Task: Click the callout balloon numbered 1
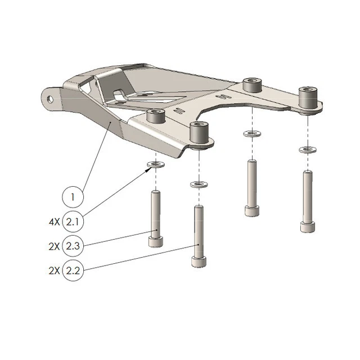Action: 73,197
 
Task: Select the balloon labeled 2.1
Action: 73,222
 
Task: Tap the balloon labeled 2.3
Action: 73,246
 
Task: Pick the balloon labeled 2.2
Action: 73,270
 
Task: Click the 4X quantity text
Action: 54,222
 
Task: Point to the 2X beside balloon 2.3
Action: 54,246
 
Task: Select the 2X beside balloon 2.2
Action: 54,270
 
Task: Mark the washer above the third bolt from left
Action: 250,134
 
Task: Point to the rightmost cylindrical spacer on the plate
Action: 308,98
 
